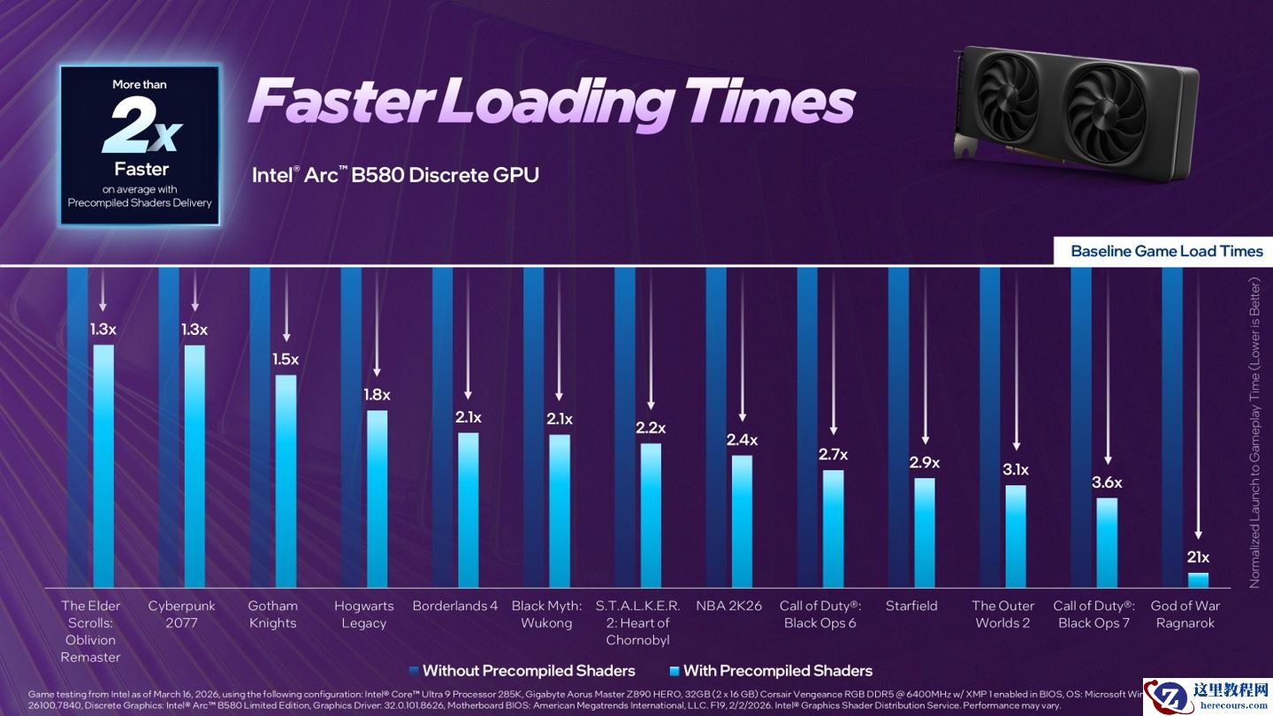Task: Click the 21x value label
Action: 1198,557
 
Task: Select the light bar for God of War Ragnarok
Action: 1198,581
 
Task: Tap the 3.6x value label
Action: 1107,483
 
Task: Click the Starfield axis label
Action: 911,606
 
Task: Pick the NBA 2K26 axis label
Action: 729,606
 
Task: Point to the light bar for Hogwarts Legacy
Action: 377,499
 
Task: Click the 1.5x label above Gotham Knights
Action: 286,360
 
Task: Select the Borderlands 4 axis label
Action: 455,606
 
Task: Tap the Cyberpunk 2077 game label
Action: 181,614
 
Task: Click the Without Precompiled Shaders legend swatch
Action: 414,671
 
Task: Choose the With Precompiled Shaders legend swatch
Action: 675,671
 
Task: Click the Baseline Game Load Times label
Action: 1166,251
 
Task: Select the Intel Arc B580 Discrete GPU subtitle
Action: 395,175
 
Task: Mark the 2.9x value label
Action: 925,462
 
